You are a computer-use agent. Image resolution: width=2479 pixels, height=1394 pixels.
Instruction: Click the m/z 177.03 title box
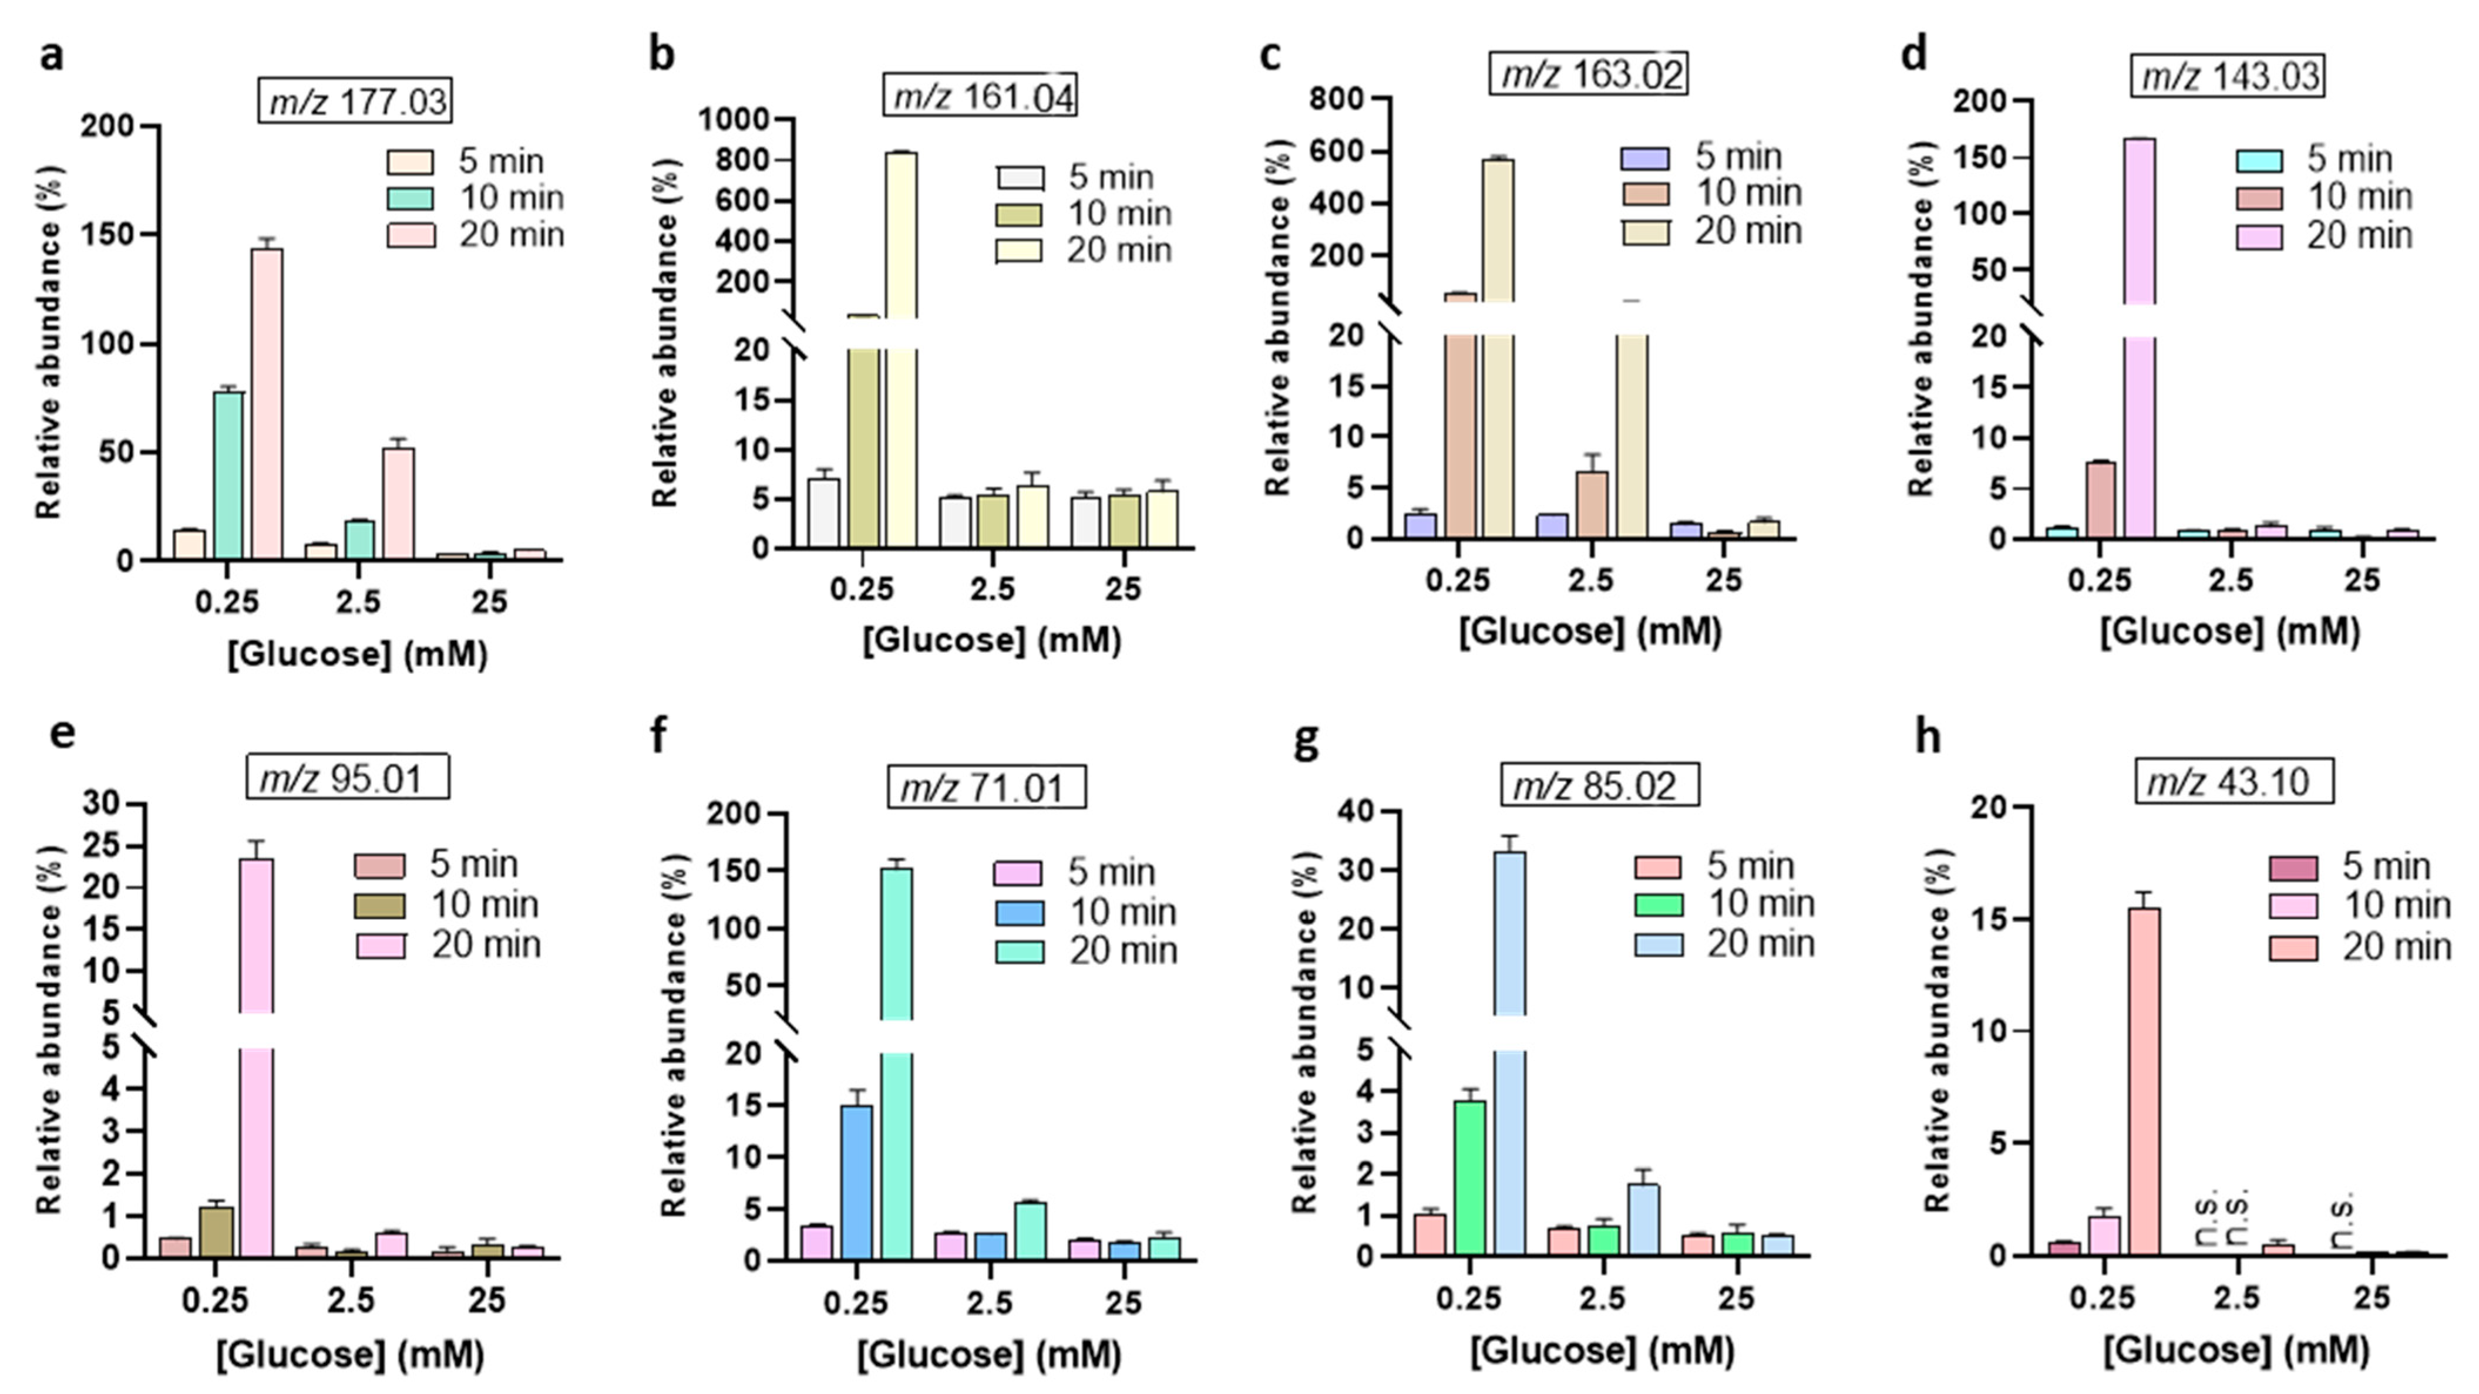point(356,100)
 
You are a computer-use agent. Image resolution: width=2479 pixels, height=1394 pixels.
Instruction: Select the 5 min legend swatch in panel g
point(1658,868)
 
